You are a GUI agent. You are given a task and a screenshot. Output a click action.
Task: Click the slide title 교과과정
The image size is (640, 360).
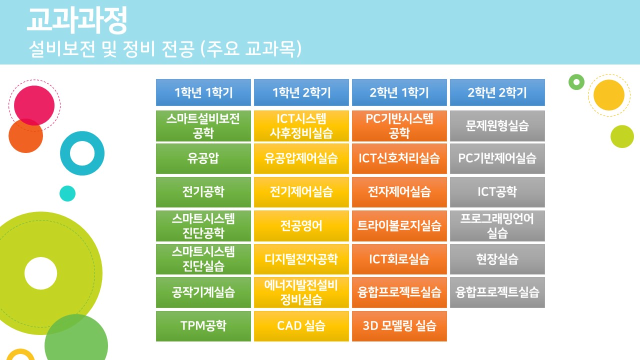point(77,20)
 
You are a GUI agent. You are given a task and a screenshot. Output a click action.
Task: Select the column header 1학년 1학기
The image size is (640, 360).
point(203,92)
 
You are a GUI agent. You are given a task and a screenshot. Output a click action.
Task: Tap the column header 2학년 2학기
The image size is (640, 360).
point(497,92)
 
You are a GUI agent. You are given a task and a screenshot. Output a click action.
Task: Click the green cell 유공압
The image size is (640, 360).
point(203,158)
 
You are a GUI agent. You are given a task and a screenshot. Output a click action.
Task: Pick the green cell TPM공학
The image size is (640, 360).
point(203,326)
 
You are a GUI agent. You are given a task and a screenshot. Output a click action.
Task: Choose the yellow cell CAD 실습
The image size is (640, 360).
point(301,326)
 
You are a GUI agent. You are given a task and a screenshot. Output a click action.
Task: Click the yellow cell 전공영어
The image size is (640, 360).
point(301,225)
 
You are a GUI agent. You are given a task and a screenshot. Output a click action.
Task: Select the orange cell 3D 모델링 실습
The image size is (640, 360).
point(399,326)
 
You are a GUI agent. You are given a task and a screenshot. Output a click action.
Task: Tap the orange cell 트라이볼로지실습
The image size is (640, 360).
point(399,225)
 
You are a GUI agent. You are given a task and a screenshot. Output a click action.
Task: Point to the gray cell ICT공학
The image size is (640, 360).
point(497,192)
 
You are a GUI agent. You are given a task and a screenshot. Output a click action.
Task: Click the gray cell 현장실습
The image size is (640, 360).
point(497,259)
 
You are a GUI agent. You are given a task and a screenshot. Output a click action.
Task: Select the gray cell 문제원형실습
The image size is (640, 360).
point(497,126)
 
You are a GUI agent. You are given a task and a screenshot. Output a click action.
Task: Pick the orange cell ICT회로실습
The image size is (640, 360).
point(399,259)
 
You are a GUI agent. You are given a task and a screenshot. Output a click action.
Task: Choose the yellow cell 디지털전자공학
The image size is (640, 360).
point(301,259)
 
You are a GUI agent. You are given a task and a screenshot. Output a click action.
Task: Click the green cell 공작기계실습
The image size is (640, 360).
point(203,292)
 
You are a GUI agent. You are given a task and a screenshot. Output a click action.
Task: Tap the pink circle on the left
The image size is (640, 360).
point(34,105)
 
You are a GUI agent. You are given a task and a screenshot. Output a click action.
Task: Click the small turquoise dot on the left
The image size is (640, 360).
point(67,193)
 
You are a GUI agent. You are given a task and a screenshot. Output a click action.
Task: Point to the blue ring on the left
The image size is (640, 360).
point(65,153)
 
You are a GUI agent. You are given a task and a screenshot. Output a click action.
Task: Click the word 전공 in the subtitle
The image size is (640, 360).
point(178,48)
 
